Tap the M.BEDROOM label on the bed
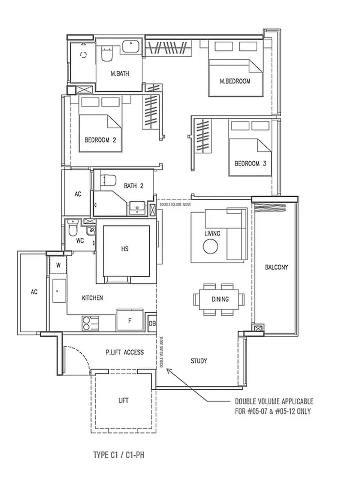(235, 81)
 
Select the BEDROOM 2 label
(100, 140)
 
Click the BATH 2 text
(134, 186)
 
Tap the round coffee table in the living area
(210, 246)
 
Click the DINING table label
(220, 299)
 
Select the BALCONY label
(276, 267)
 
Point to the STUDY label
(199, 361)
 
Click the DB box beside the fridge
(152, 324)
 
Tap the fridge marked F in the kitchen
(130, 321)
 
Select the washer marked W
(58, 265)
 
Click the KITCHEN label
(92, 298)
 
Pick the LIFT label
(124, 401)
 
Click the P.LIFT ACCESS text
(125, 352)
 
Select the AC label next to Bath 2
(78, 194)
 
